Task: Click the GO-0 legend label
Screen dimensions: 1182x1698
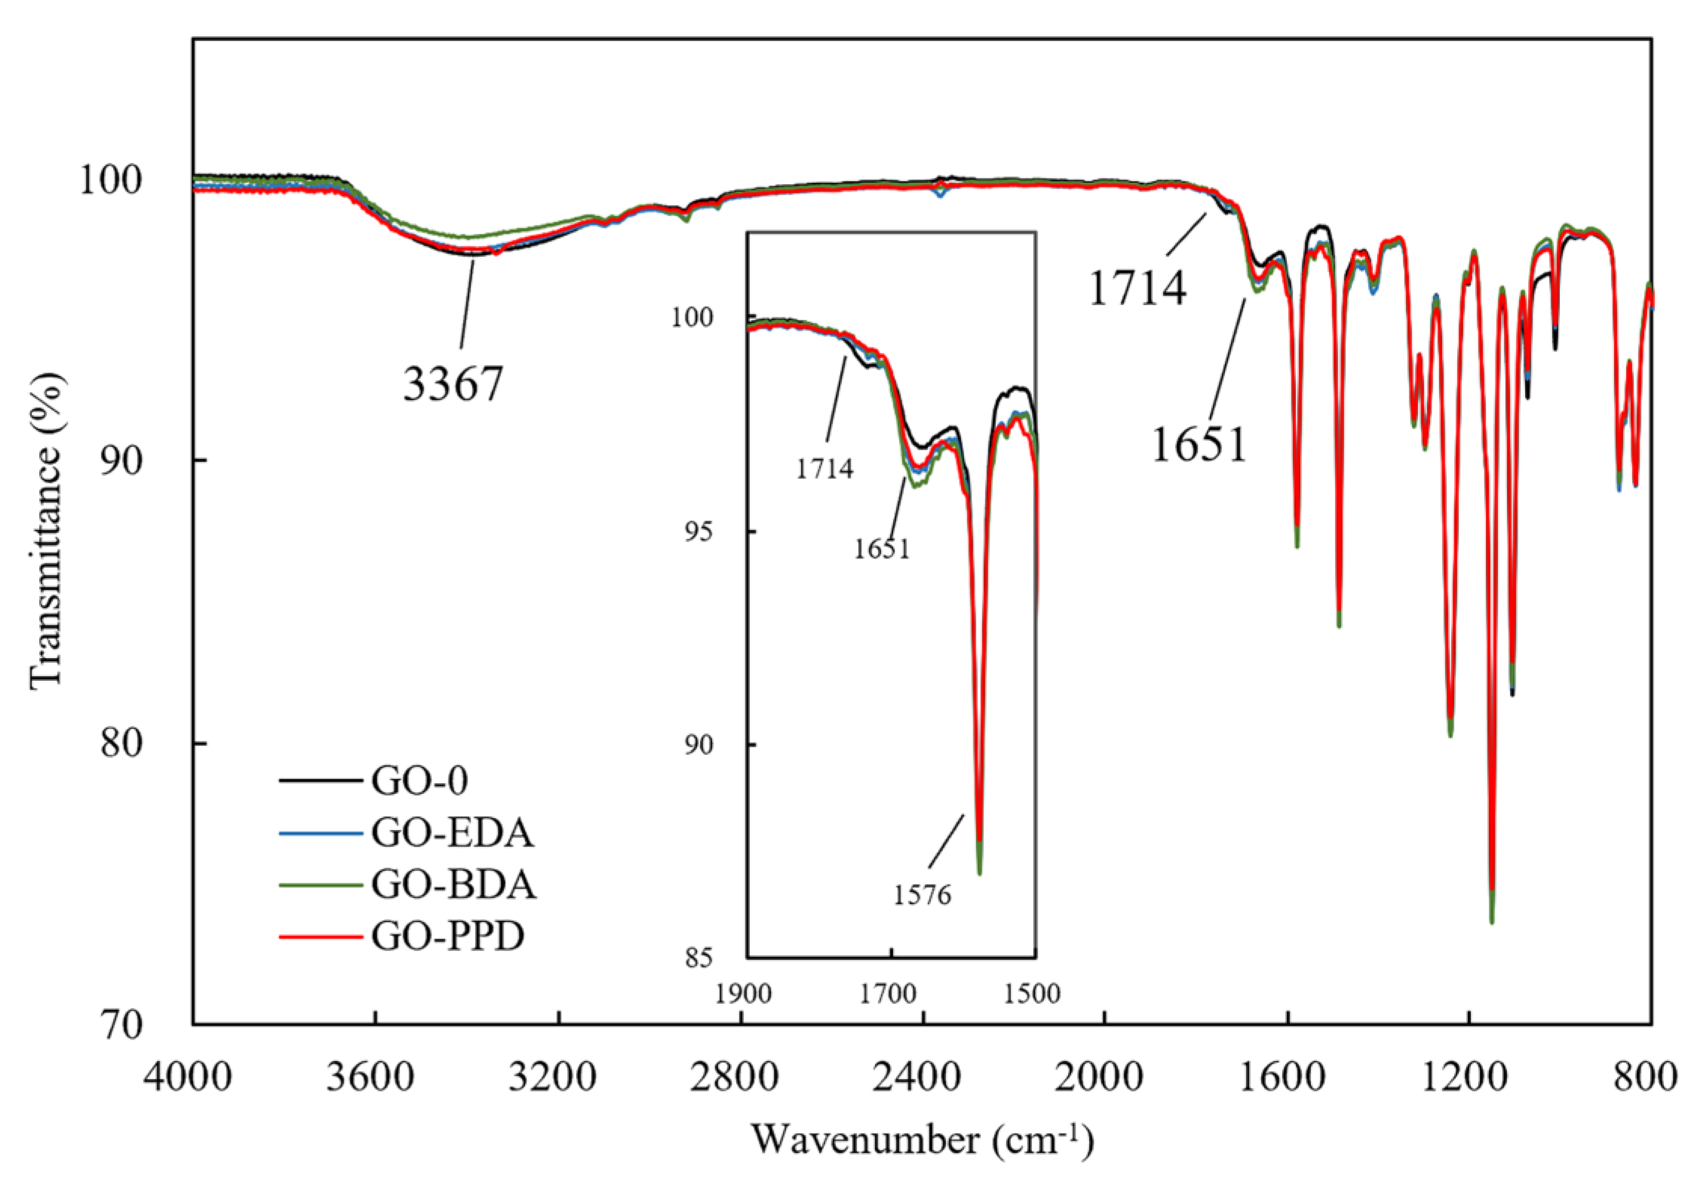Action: [419, 781]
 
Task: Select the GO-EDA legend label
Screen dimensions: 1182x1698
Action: [452, 833]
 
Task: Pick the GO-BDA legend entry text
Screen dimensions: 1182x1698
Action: [453, 885]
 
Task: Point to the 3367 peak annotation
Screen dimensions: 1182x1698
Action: [452, 384]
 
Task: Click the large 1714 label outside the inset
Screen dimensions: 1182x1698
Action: [1138, 289]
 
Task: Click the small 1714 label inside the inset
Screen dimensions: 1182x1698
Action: [824, 468]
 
